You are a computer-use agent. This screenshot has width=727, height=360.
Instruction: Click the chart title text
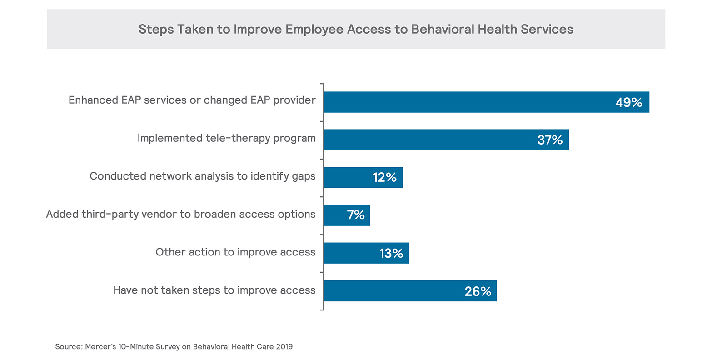356,30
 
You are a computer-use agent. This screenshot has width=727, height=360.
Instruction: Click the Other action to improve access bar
350,253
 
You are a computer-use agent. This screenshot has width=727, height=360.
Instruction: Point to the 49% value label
629,103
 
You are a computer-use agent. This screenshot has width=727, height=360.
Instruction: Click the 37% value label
550,140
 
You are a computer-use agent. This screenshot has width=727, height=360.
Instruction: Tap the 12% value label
384,178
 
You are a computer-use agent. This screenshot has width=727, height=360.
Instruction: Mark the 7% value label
356,215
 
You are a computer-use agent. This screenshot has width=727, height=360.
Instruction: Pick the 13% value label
391,253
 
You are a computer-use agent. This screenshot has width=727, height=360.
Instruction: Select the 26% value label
478,291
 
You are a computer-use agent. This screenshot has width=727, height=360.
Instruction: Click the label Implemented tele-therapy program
226,138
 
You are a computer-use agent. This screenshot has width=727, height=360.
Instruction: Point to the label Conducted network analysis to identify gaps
202,176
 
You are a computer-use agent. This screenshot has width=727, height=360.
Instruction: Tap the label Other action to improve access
235,252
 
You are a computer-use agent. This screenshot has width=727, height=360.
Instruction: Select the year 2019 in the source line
284,347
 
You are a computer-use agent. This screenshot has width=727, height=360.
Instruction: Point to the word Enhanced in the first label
93,100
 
